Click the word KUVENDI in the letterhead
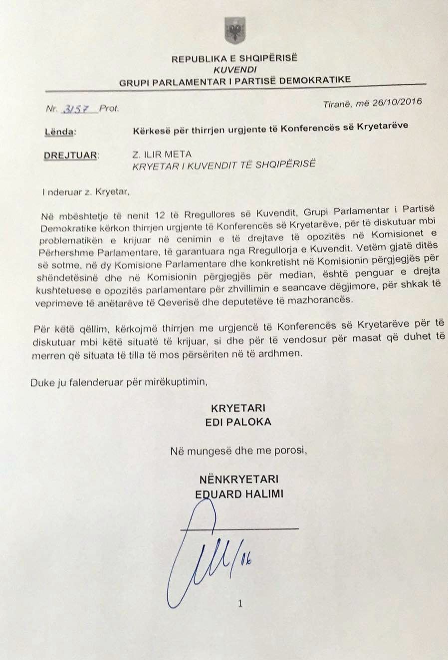[x=234, y=70]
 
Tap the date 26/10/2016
[x=398, y=103]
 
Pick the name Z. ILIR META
[x=162, y=154]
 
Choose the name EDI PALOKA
[x=238, y=422]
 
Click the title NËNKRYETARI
[x=238, y=480]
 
